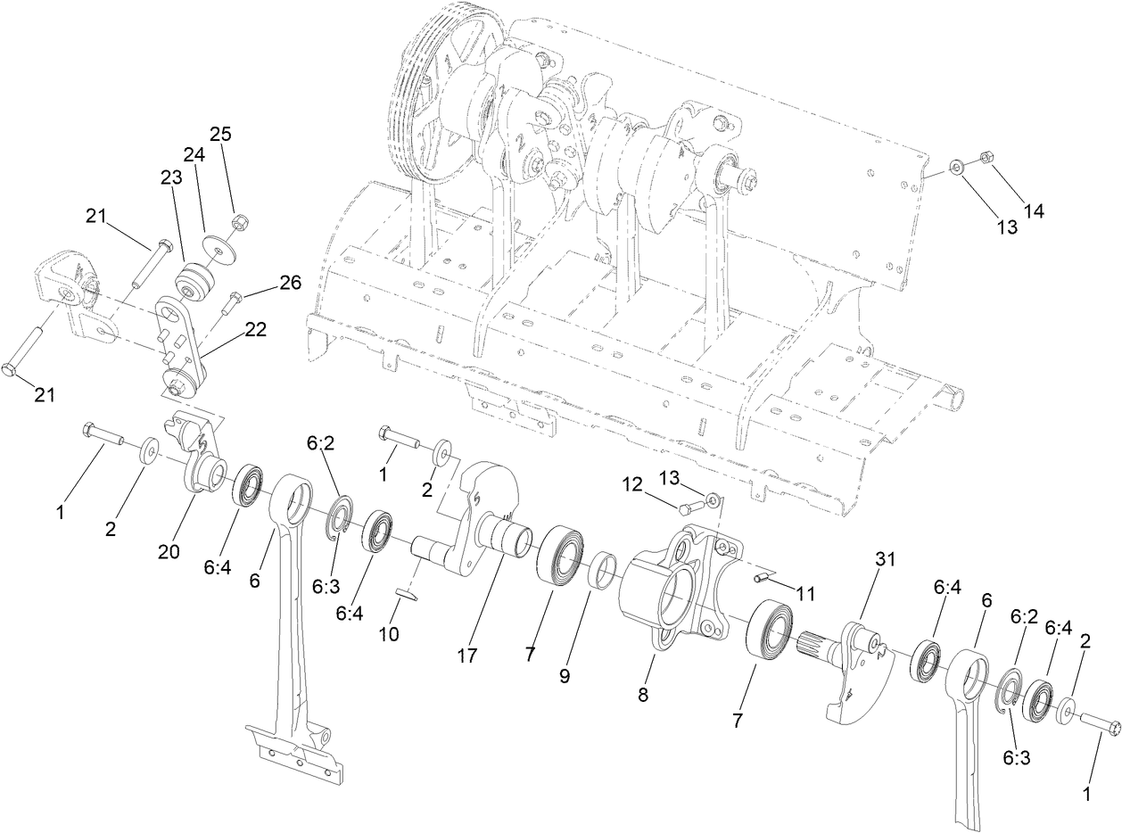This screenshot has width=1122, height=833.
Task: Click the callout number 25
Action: (x=220, y=135)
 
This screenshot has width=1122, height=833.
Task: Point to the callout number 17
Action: (x=467, y=656)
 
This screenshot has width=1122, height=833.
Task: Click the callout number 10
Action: (x=389, y=634)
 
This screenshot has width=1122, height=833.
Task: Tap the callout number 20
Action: (x=169, y=552)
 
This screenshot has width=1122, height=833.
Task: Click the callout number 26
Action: (x=291, y=283)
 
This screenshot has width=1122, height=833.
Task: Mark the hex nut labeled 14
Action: (x=986, y=158)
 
